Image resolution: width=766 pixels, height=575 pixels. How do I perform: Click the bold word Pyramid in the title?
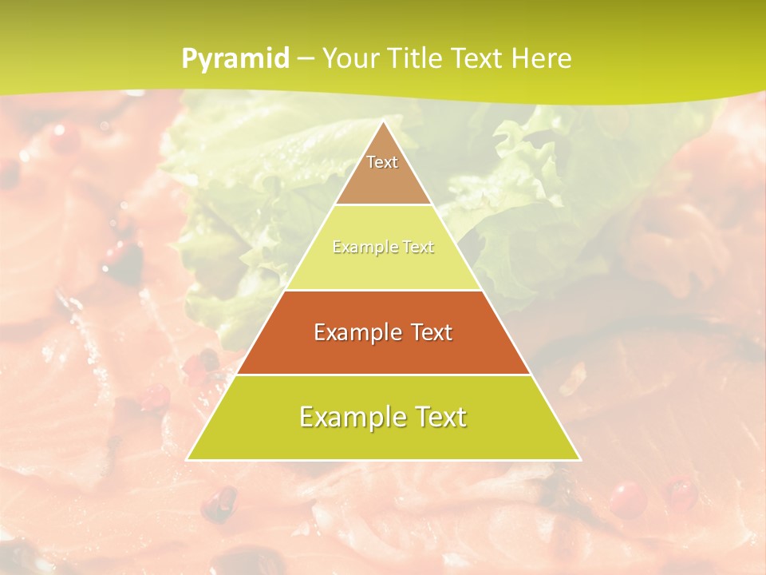pyautogui.click(x=235, y=59)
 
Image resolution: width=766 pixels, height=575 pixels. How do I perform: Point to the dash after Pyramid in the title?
pyautogui.click(x=305, y=59)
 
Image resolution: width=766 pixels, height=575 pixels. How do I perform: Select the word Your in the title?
pyautogui.click(x=348, y=58)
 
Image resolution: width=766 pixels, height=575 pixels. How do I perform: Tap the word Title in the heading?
pyautogui.click(x=413, y=58)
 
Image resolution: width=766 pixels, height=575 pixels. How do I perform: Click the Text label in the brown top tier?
pyautogui.click(x=382, y=162)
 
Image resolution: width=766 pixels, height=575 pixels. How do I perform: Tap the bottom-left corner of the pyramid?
pyautogui.click(x=188, y=459)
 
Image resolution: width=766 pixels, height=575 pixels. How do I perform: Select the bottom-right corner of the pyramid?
pyautogui.click(x=580, y=459)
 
